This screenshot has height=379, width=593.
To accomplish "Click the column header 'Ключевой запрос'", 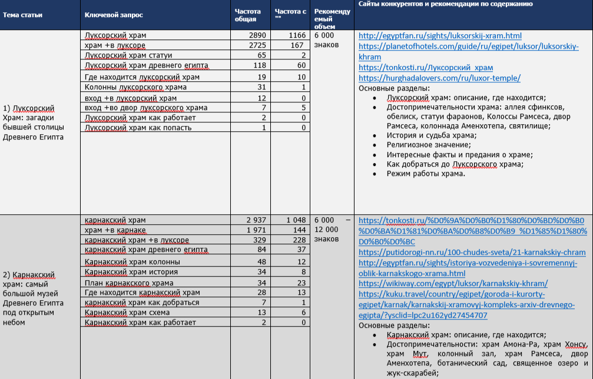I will coord(114,15).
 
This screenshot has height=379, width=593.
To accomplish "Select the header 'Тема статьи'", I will coord(23,15).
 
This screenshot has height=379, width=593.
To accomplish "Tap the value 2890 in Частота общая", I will coord(257,35).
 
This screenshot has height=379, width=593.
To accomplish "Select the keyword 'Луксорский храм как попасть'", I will coord(138,127).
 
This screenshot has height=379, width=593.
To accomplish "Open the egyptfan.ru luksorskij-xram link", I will coord(439,36).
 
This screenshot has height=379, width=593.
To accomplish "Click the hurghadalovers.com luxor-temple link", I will coord(439,78).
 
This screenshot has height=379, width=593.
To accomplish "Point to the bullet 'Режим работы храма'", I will coord(426,174).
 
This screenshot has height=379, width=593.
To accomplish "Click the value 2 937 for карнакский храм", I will coord(257,220).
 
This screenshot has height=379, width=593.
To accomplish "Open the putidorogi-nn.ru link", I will coord(472,252).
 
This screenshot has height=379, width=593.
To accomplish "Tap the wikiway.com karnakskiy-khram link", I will coord(452,284).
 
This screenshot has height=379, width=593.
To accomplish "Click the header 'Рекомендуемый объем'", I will coord(332,19).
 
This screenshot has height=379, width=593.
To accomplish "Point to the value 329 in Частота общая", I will coord(260,241).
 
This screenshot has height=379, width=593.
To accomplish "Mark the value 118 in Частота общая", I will coord(260,65).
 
